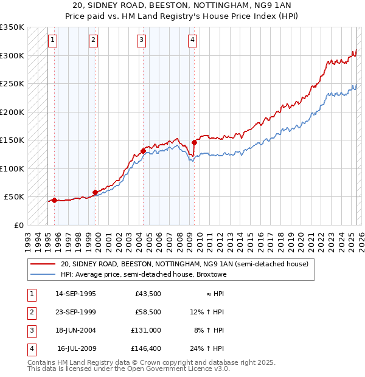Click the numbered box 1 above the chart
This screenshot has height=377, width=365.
click(x=53, y=41)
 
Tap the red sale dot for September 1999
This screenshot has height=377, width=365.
click(x=95, y=192)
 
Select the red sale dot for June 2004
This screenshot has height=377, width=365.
click(x=143, y=151)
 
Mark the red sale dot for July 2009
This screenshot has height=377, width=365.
click(x=193, y=142)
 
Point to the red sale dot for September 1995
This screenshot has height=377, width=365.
click(x=55, y=200)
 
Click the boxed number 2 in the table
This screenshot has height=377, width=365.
click(x=31, y=313)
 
